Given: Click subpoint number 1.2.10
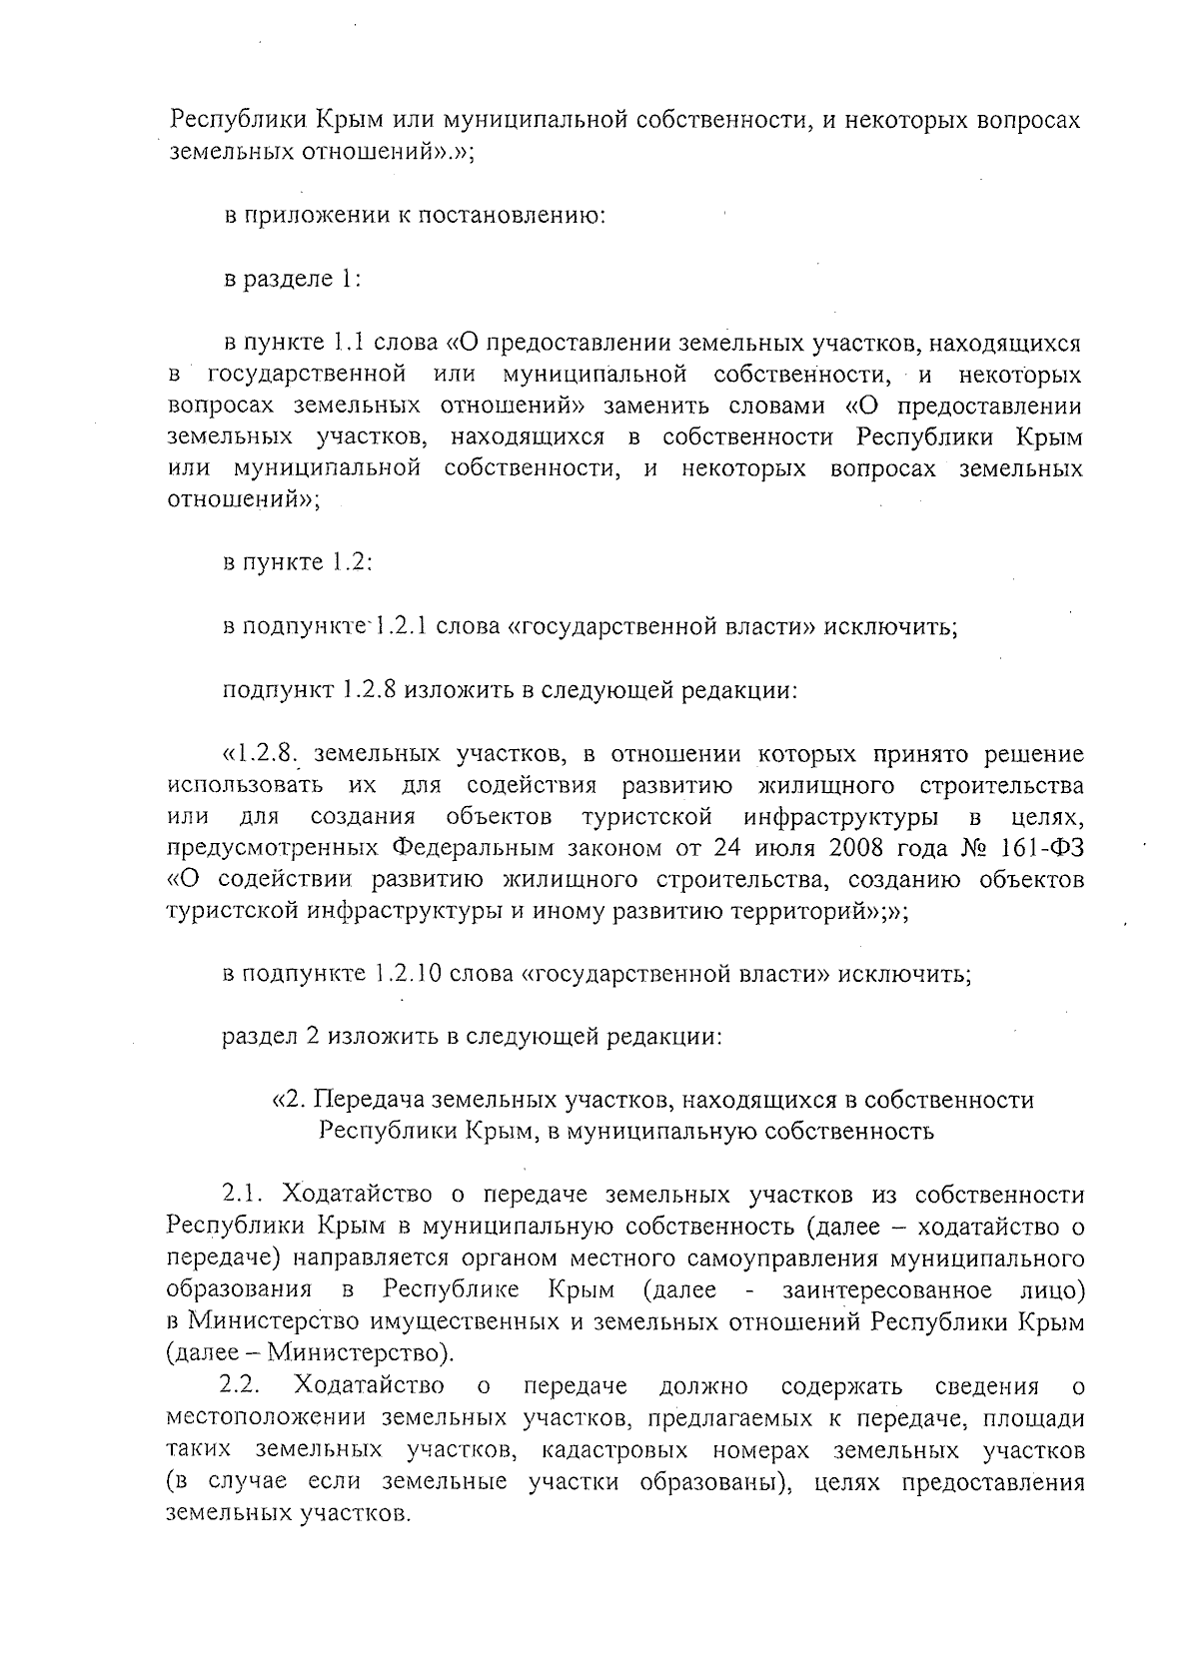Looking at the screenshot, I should click(408, 974).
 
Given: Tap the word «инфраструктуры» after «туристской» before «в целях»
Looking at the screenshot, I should click(840, 817).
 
